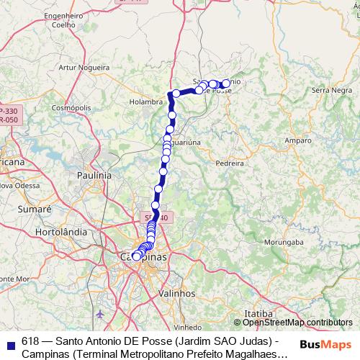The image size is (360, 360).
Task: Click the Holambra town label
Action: click(147, 102)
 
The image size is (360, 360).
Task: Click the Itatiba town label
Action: click(259, 315)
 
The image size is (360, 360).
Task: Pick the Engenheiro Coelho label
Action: click(65, 19)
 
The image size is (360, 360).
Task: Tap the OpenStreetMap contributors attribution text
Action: click(297, 323)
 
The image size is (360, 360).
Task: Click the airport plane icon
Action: click(100, 315)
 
